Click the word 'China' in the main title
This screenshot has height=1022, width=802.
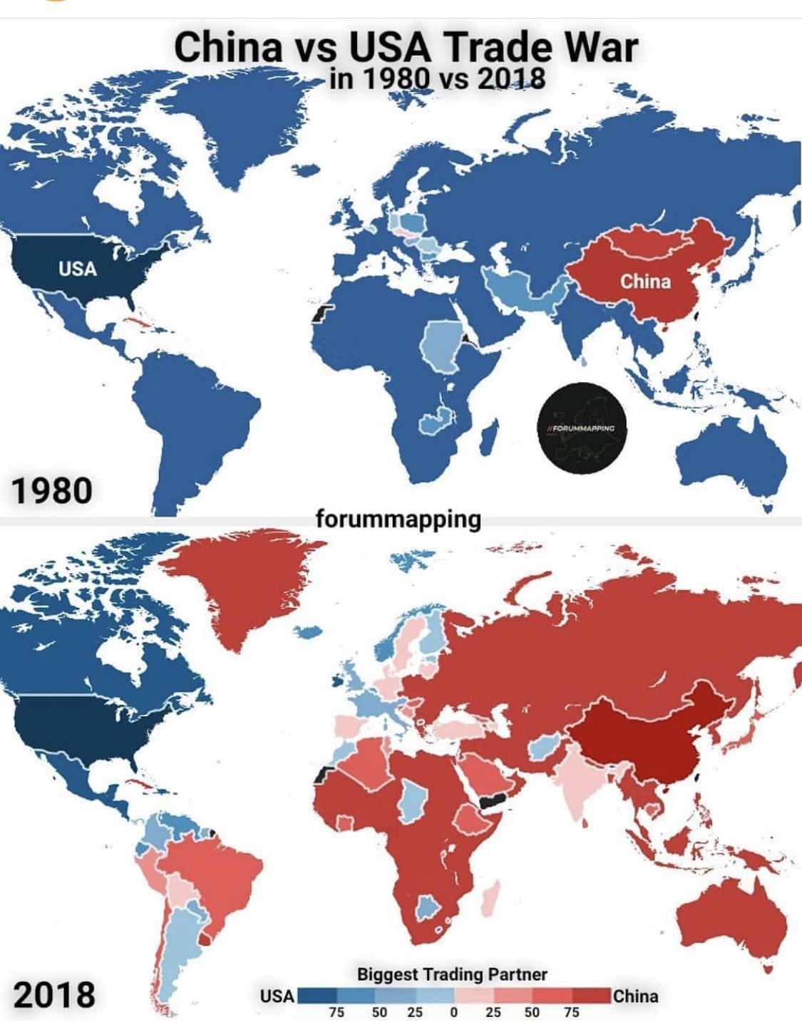(227, 47)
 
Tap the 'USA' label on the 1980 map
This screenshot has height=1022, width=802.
(77, 269)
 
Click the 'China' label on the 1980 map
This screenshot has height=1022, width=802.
(645, 281)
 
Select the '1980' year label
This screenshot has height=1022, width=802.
(51, 490)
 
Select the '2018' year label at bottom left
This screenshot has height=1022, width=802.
(53, 994)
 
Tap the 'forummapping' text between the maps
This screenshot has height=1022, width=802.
(398, 518)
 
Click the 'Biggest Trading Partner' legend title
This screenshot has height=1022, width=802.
(452, 974)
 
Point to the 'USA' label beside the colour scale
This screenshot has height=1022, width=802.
(277, 996)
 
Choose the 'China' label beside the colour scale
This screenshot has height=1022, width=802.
(635, 996)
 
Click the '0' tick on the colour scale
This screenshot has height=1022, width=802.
(453, 1011)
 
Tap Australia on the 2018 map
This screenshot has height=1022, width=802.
(731, 919)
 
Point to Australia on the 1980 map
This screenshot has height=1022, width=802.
(731, 456)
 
